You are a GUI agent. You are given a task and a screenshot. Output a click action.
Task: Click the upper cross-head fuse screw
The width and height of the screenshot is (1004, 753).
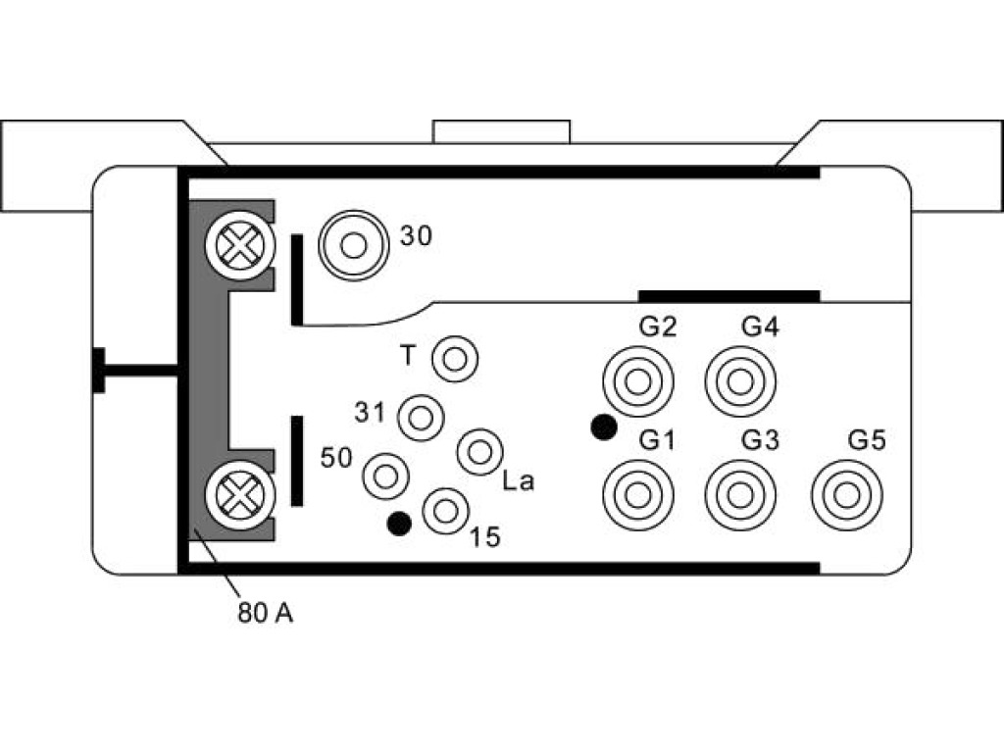240,245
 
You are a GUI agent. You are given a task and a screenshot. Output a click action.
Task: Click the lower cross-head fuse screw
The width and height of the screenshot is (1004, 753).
240,495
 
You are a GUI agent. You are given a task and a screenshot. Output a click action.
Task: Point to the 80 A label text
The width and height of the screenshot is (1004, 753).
265,613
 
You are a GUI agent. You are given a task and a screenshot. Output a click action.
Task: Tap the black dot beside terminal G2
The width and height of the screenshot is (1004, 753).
603,427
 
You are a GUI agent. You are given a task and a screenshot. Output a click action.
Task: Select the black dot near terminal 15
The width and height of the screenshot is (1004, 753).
400,524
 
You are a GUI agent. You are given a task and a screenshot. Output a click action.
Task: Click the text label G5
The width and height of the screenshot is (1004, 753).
867,440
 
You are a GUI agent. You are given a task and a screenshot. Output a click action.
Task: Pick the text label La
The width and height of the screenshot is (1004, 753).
518,480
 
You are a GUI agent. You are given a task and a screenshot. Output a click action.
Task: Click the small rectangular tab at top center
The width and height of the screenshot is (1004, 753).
501,132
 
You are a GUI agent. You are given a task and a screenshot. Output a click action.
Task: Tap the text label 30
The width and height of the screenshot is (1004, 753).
416,235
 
